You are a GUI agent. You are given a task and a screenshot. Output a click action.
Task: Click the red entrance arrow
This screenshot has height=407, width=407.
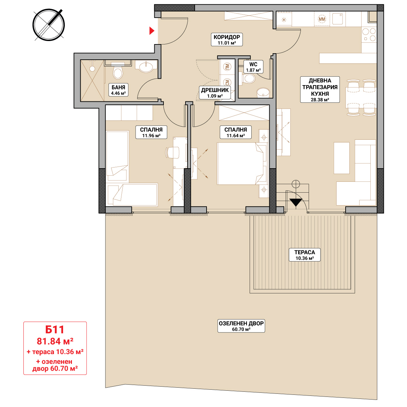152,31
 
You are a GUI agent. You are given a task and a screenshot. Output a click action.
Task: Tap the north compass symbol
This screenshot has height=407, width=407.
49,25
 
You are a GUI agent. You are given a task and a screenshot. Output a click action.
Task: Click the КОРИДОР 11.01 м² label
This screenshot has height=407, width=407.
227,39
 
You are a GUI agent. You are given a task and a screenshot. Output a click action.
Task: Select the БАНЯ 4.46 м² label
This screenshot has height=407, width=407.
118,90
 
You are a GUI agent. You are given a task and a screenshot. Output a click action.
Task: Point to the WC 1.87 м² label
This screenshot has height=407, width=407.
253,67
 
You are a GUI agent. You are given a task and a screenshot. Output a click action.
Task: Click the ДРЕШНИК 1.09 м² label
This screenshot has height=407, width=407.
215,93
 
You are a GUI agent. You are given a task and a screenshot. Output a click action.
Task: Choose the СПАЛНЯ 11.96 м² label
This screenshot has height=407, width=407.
151,132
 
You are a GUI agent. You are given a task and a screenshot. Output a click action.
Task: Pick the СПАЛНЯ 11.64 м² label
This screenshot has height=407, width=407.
235,132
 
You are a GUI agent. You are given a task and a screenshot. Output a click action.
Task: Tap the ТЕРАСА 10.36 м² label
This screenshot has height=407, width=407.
305,255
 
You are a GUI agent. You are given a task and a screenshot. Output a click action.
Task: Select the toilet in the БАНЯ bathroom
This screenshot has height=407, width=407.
118,71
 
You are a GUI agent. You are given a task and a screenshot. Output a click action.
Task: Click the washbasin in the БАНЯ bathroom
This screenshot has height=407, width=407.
146,67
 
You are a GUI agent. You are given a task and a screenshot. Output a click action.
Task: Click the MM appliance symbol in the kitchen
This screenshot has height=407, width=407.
322,19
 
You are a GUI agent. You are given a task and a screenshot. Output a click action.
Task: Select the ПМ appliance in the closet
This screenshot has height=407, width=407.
227,67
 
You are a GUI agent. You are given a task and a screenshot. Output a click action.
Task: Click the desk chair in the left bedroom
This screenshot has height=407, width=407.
172,152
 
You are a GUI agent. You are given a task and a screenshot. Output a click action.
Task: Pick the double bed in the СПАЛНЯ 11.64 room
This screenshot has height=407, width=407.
242,163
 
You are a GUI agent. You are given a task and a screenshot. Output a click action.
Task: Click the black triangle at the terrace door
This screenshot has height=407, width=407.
295,202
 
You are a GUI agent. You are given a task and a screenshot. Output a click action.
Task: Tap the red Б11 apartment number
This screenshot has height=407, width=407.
55,329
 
